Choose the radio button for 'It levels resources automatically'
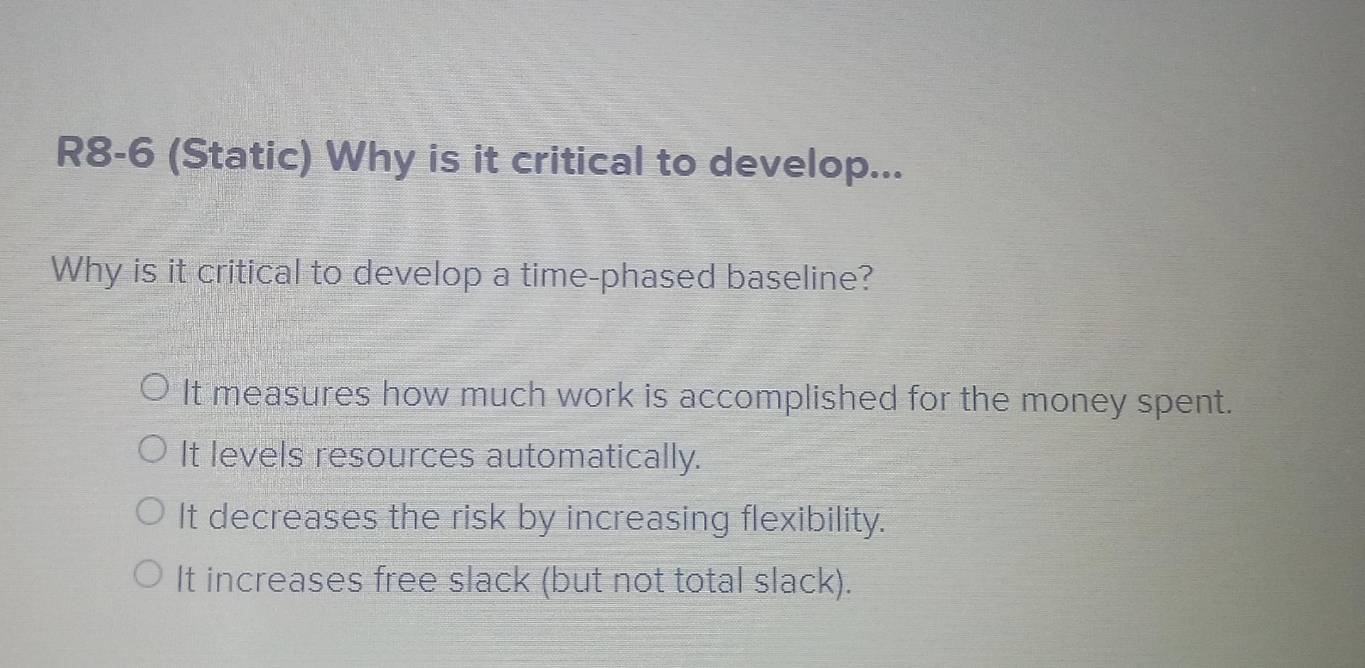tap(151, 450)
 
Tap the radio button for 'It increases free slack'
tap(146, 573)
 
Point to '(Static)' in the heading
tap(240, 157)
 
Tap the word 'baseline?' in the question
tap(798, 277)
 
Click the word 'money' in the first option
tap(1073, 401)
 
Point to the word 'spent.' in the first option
tap(1184, 403)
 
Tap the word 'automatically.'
tap(593, 457)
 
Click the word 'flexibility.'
tap(813, 520)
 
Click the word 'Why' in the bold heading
tap(370, 157)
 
